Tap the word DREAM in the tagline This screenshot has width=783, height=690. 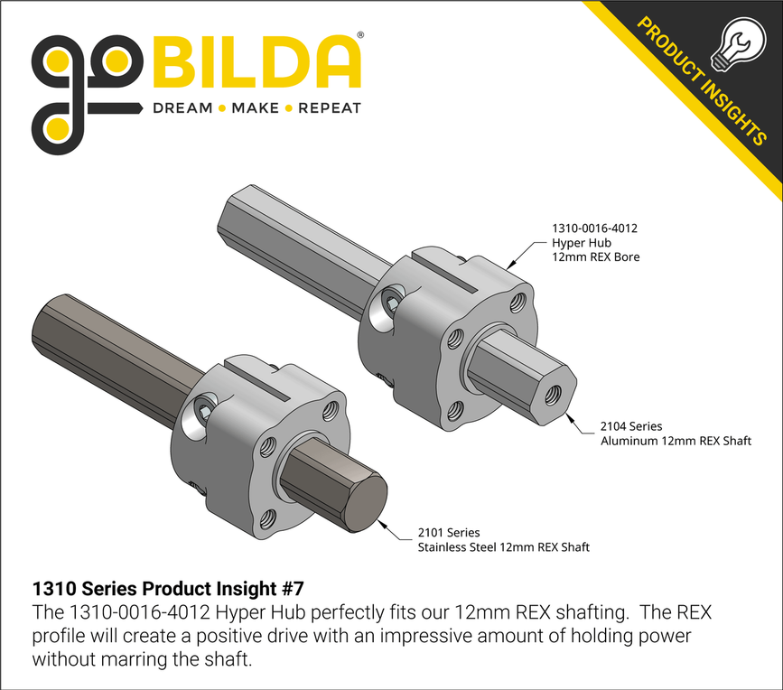(182, 108)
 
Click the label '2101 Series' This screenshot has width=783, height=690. (449, 533)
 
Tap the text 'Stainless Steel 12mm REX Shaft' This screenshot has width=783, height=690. (503, 547)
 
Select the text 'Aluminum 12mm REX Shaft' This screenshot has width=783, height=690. (676, 440)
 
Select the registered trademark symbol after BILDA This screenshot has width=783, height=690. (361, 35)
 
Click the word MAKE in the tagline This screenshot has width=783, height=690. (255, 108)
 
